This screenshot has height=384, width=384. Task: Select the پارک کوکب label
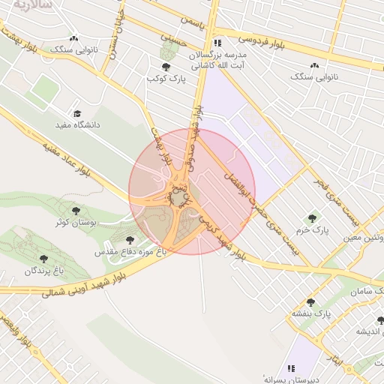pos(166,78)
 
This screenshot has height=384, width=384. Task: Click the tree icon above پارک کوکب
pos(166,67)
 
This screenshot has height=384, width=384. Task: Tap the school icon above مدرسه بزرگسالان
pos(217,43)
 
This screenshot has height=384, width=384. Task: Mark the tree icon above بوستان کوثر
pos(76,211)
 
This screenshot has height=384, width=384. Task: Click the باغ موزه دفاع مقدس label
pos(130,253)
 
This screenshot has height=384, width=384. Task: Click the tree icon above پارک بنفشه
pos(310,301)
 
